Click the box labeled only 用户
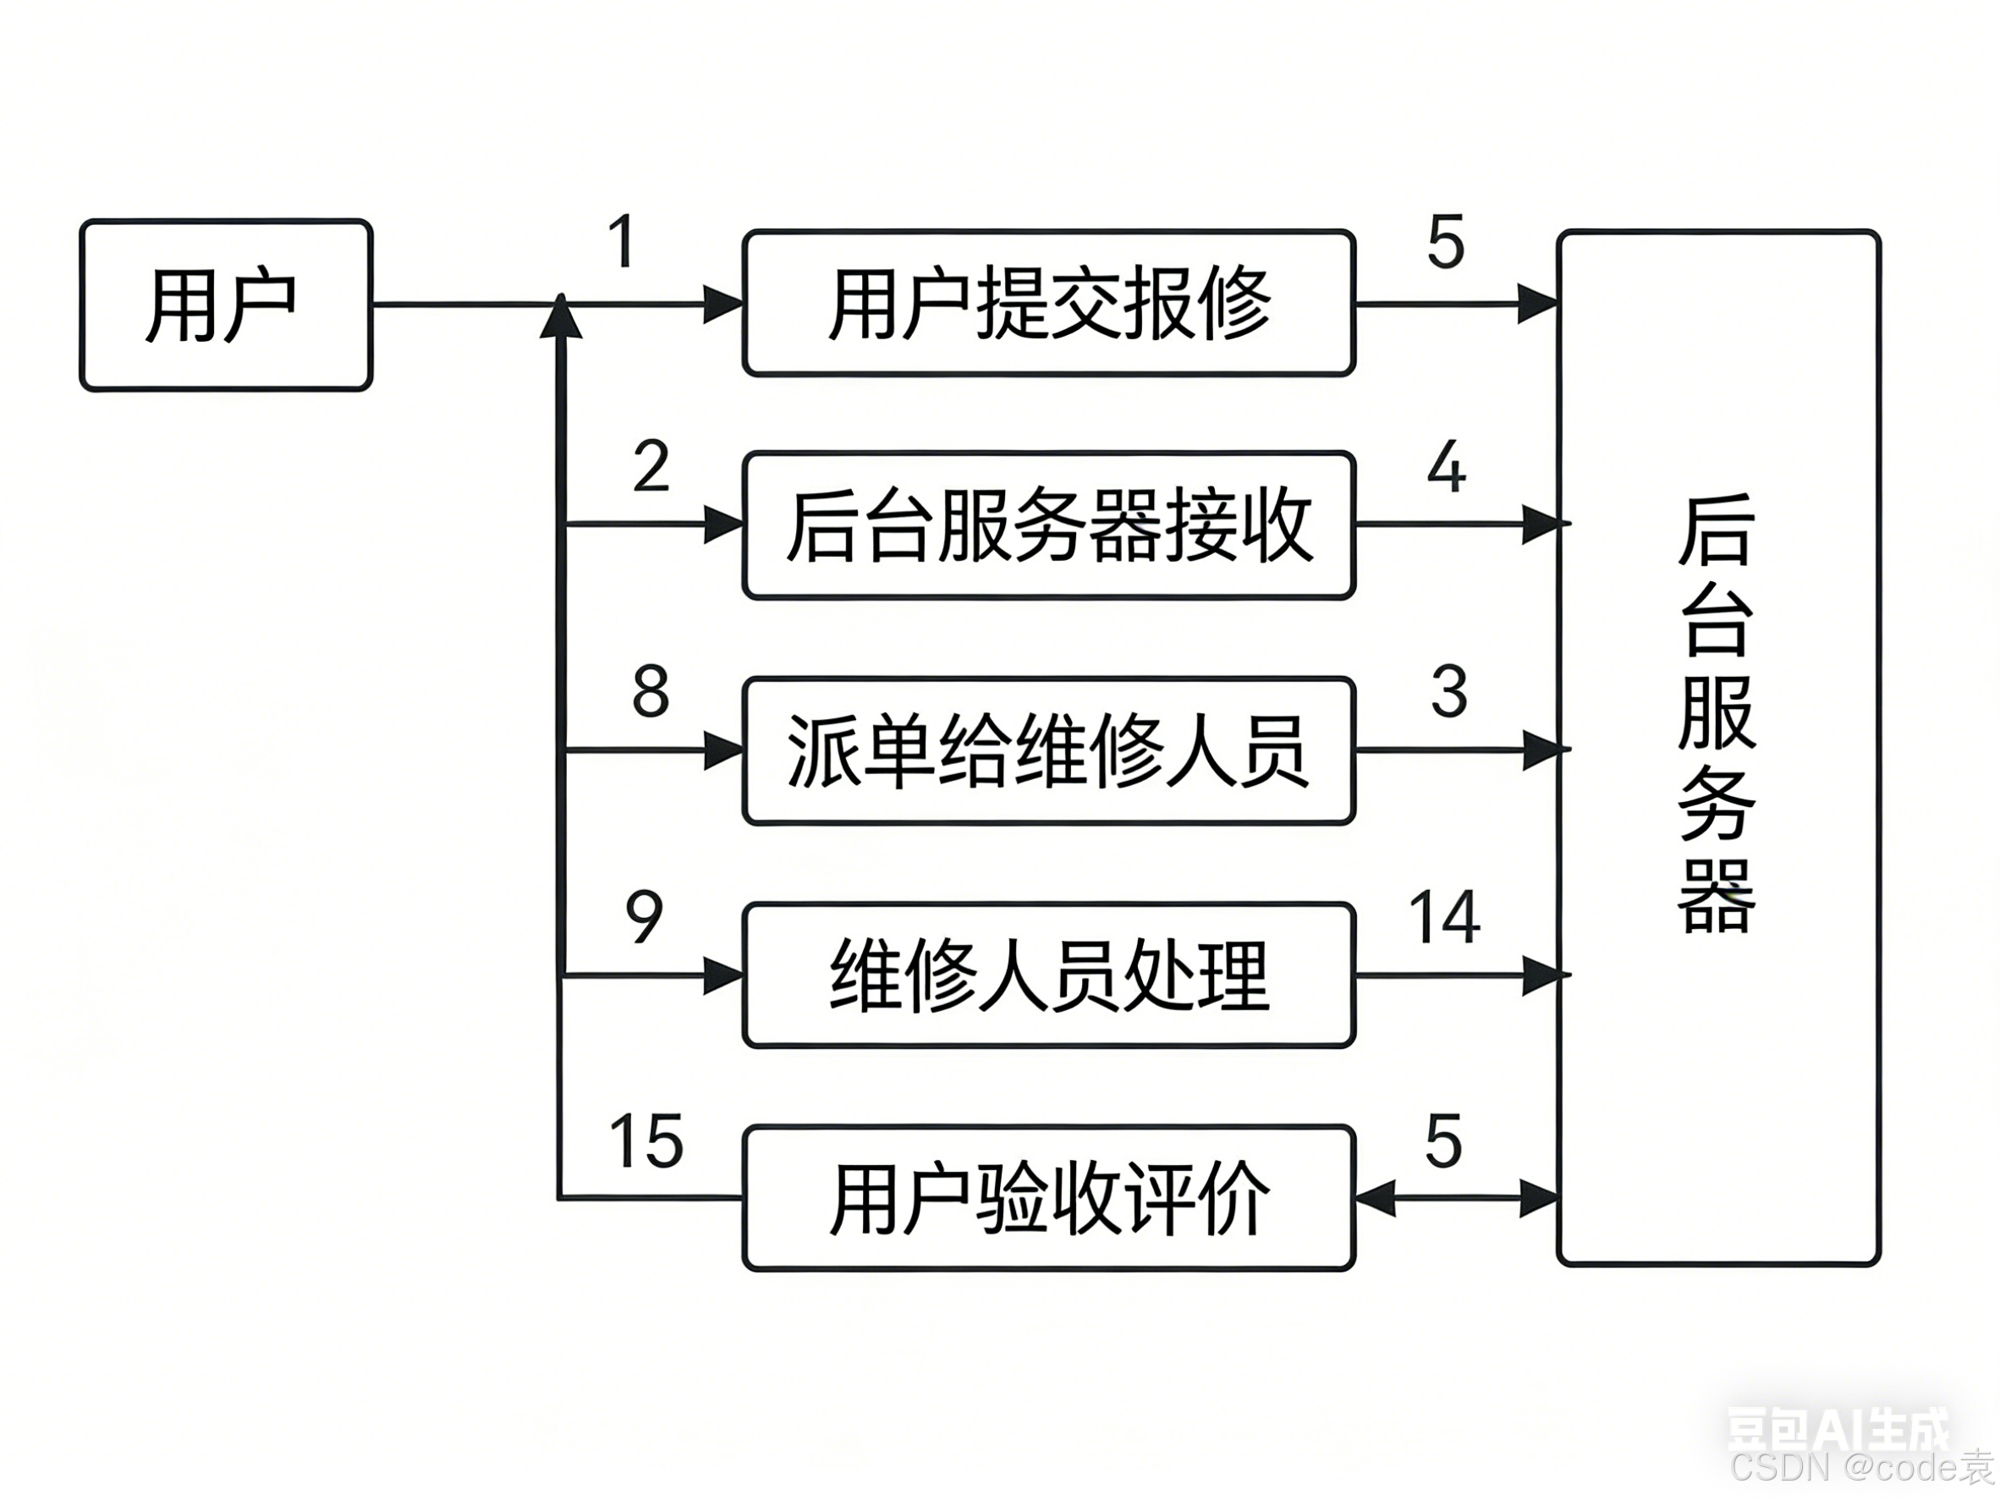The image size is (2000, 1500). click(225, 305)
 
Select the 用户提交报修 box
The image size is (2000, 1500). click(1048, 303)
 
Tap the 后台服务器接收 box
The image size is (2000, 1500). click(1048, 525)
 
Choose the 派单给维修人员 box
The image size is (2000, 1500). click(1048, 750)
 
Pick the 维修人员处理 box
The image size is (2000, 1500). click(1048, 975)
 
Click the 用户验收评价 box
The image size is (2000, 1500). click(1048, 1199)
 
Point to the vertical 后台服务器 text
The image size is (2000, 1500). click(1715, 714)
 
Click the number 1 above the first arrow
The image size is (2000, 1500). click(621, 241)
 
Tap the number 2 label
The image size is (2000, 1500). click(651, 466)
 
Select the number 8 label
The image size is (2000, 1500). click(651, 692)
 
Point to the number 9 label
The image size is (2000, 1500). click(644, 917)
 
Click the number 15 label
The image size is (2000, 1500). click(646, 1141)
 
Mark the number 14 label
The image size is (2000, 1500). click(1444, 918)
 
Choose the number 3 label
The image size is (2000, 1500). click(1448, 692)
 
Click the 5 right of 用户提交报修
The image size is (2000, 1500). click(1445, 242)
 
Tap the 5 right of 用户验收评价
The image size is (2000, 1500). click(1443, 1141)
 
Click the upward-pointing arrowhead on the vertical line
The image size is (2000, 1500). click(561, 316)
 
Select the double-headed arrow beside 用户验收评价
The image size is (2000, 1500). click(1456, 1199)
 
